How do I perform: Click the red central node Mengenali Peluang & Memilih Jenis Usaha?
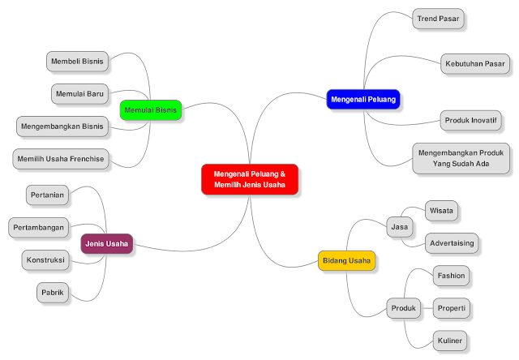(250, 179)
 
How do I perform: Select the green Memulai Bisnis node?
(150, 109)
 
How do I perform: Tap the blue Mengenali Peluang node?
(363, 99)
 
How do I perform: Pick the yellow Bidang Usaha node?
(346, 260)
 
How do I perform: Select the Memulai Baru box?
(79, 93)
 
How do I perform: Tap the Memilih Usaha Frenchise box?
(61, 159)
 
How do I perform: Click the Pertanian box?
(47, 195)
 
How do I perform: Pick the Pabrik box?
(54, 291)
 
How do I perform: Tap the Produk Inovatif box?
(470, 120)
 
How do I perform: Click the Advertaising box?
(453, 243)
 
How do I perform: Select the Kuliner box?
(448, 340)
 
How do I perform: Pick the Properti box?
(451, 308)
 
